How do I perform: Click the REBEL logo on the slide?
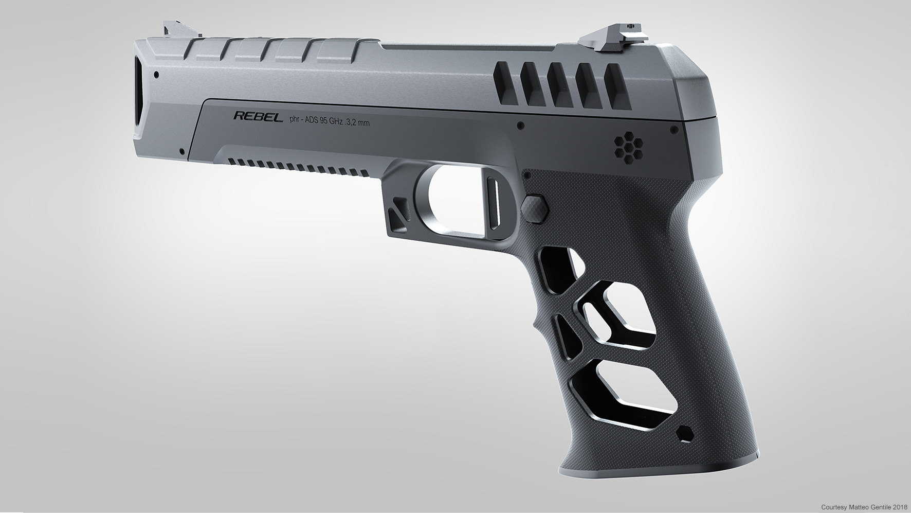point(258,117)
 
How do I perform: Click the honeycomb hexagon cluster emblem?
point(626,148)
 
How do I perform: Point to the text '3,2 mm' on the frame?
point(357,122)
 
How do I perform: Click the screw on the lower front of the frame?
point(181,152)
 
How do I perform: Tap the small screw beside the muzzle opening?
point(156,75)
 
